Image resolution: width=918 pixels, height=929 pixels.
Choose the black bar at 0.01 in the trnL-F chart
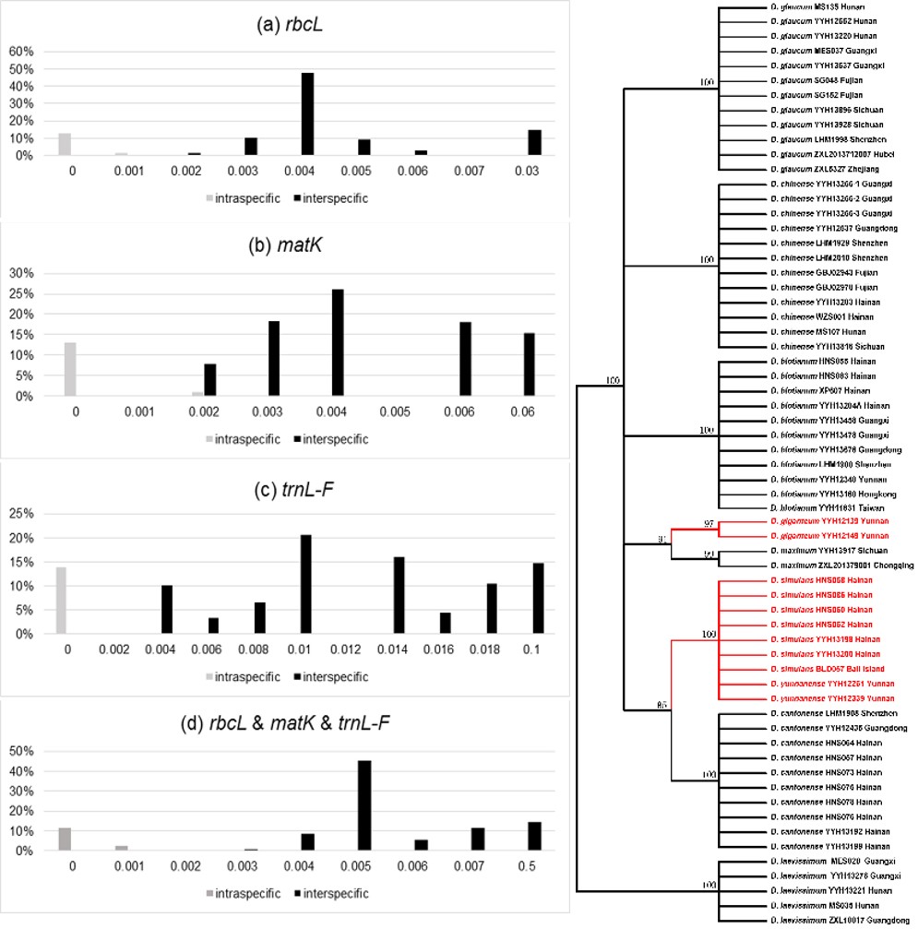click(x=306, y=584)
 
